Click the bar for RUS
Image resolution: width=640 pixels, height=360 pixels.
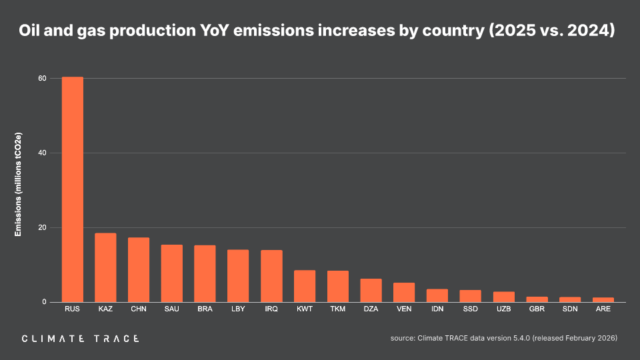(73, 189)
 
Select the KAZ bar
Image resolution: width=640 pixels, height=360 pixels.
(105, 267)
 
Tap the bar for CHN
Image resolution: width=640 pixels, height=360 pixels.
(139, 269)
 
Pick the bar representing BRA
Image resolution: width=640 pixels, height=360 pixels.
(205, 273)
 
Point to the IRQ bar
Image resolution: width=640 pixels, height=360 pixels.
(271, 276)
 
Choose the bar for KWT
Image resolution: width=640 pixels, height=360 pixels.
(305, 286)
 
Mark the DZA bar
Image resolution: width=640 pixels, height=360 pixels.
(371, 290)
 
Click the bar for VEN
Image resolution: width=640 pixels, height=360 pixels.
(404, 292)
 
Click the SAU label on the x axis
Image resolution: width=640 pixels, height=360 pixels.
(172, 309)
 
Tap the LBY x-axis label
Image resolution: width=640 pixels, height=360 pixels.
(238, 309)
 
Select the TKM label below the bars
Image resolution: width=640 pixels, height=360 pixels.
(337, 309)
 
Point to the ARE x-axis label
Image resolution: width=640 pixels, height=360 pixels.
(603, 309)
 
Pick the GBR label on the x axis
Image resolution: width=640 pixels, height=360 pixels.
(537, 309)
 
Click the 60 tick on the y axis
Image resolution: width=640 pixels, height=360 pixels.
(42, 78)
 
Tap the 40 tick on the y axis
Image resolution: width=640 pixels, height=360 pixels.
(42, 153)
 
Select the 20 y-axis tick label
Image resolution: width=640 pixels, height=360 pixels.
(42, 227)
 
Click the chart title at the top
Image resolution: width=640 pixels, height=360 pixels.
(317, 31)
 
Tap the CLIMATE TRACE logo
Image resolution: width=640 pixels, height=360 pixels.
(81, 339)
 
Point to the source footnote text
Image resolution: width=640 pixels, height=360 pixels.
(503, 339)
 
